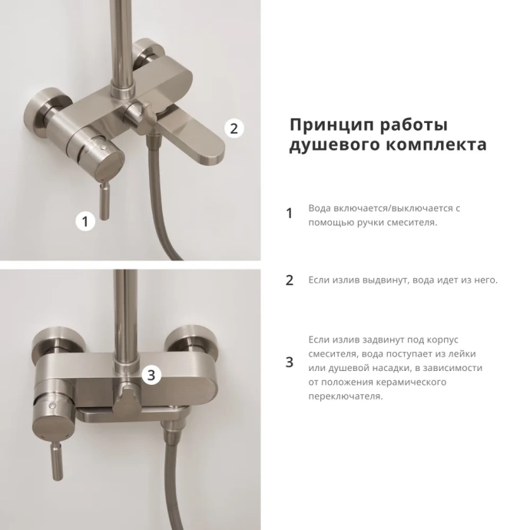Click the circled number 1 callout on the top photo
coord(85,222)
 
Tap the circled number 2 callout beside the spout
coord(234,128)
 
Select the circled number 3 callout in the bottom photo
coord(151,375)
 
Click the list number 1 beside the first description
coord(290,214)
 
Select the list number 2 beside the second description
coord(290,280)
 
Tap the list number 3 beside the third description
coord(290,362)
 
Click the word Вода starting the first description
coord(320,208)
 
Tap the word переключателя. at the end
coord(345,396)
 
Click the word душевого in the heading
coord(329,145)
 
